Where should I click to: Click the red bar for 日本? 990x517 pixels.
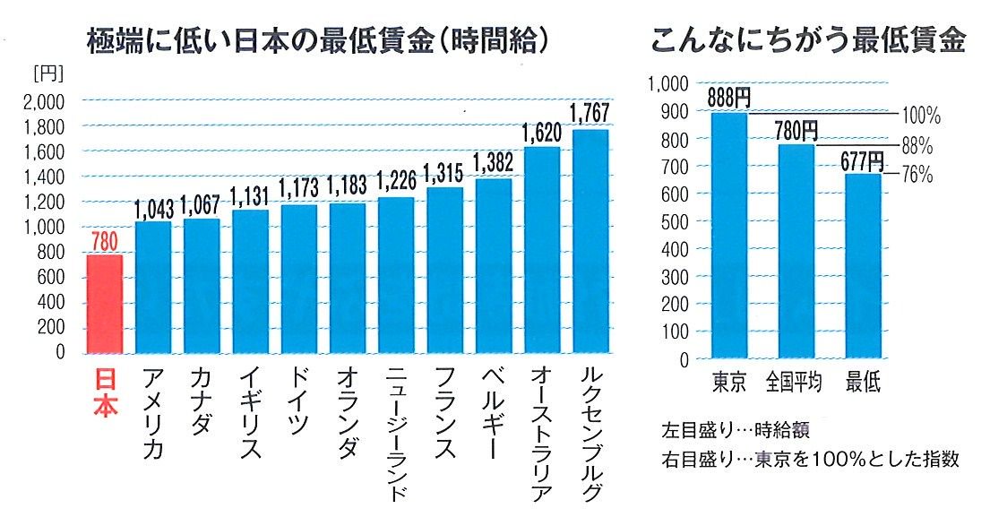[x=104, y=304]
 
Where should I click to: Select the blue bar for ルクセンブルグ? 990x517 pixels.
[x=590, y=241]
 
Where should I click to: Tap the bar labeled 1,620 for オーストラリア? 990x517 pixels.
[x=542, y=250]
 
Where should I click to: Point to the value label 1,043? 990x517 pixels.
[x=153, y=208]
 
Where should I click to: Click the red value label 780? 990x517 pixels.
[x=104, y=242]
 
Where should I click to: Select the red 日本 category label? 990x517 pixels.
[x=105, y=393]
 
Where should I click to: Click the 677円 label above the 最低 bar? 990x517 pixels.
[x=863, y=160]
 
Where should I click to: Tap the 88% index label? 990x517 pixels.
[x=917, y=146]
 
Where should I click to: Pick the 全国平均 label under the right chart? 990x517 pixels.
[x=795, y=383]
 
